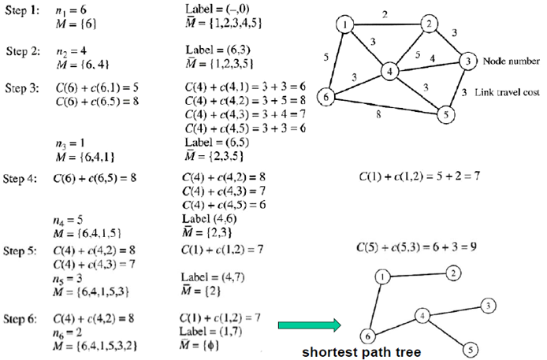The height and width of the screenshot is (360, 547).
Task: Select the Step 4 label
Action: point(21,179)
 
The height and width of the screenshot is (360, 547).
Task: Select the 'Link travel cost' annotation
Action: point(508,92)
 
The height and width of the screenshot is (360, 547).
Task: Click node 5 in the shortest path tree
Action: point(468,347)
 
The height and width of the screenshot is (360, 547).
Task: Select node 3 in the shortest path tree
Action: point(489,305)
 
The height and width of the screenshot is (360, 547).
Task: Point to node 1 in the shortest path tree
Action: point(382,276)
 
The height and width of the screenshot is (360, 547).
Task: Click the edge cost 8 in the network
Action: point(381,114)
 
